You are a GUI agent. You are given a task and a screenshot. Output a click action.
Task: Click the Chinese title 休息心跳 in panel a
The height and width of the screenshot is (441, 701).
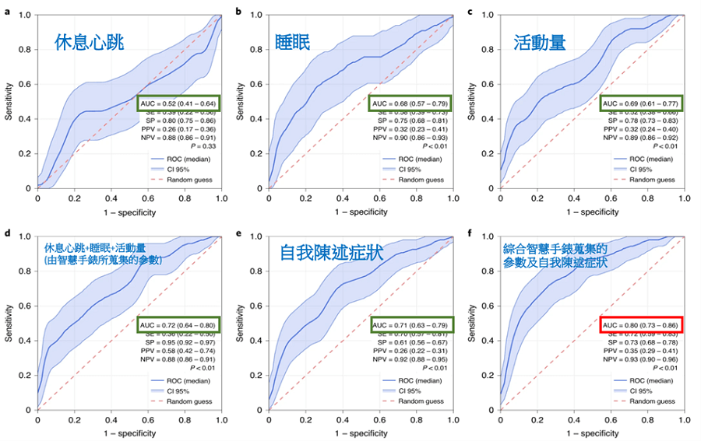click(90, 43)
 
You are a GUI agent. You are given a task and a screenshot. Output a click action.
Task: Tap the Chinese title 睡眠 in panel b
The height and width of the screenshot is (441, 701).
click(292, 42)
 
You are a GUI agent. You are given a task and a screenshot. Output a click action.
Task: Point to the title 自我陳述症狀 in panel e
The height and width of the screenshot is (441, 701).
click(327, 254)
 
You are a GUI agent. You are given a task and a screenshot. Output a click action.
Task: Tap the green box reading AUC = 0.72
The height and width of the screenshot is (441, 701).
click(179, 324)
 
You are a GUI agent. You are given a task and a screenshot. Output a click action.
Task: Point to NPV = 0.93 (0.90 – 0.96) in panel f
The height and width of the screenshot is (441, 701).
click(642, 361)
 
